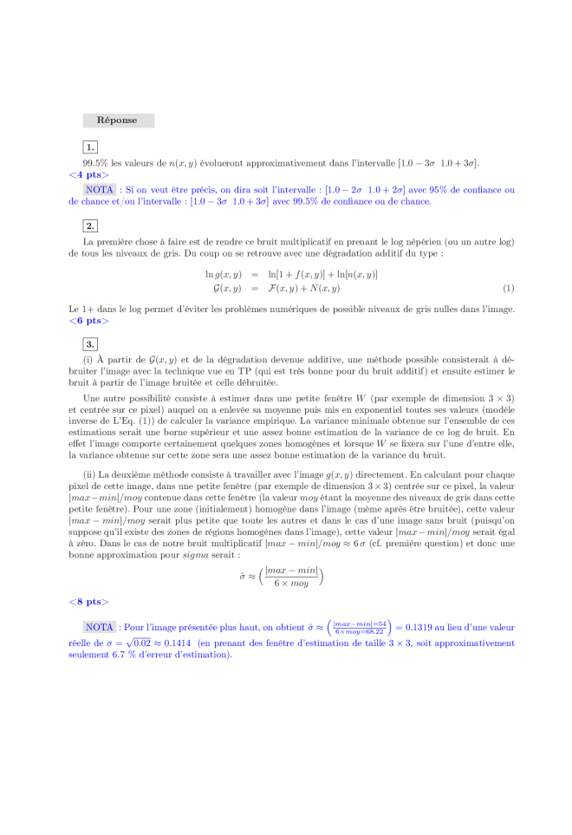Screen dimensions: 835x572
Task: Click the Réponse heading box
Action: (118, 121)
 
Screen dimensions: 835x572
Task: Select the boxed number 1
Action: (91, 147)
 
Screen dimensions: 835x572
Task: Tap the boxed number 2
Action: (91, 226)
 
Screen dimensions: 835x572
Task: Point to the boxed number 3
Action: (91, 344)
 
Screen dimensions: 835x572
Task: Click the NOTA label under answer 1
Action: (101, 189)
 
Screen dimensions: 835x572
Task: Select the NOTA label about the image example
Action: (101, 626)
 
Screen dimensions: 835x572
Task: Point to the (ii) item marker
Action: (89, 475)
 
